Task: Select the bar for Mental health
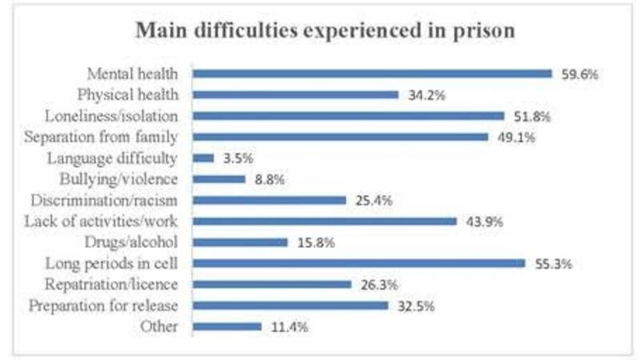coord(372,74)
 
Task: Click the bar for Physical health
coord(295,94)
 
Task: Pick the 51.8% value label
coord(534,115)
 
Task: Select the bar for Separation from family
coord(340,137)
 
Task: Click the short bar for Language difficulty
coord(203,158)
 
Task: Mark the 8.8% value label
coord(269,178)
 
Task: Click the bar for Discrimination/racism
coord(269,200)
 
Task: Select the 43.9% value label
coord(485,221)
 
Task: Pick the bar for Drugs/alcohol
coord(240,242)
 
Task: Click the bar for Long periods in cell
coord(358,262)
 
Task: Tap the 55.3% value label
coord(554,262)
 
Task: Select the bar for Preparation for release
coord(290,305)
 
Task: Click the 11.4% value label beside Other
coord(290,326)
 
